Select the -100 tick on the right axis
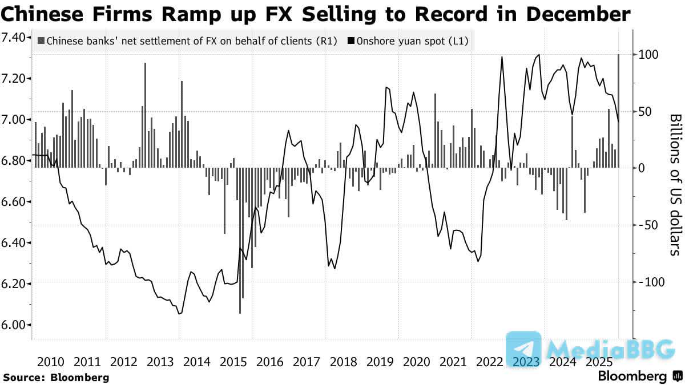coord(650,282)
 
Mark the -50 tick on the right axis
coord(648,225)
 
